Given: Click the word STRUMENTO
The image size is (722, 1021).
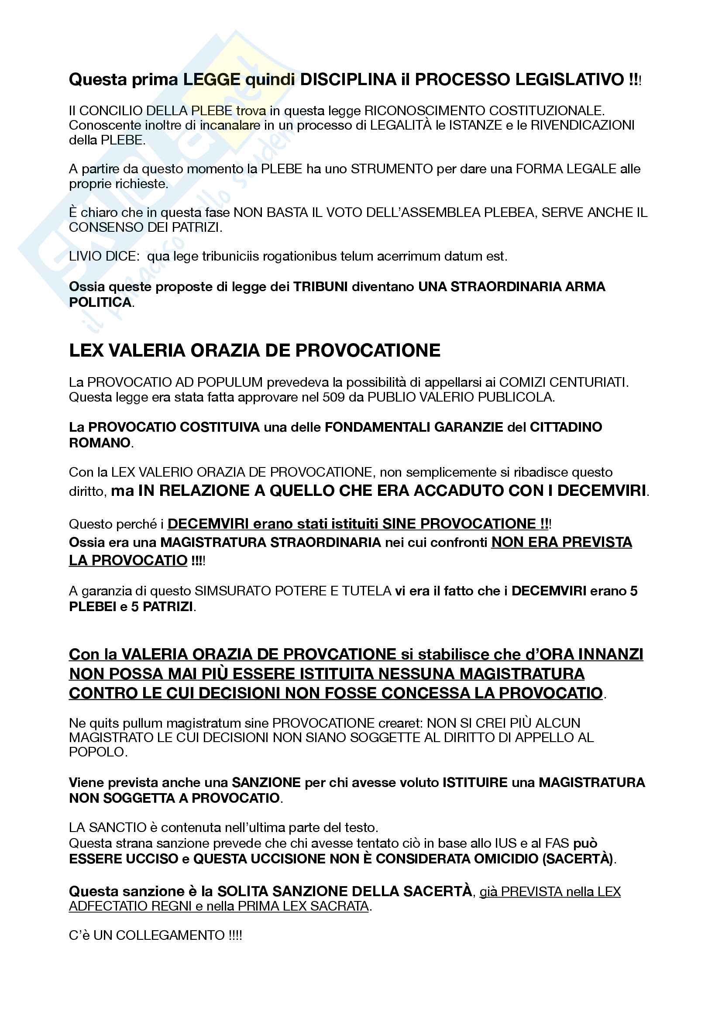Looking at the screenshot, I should click(x=392, y=169).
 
